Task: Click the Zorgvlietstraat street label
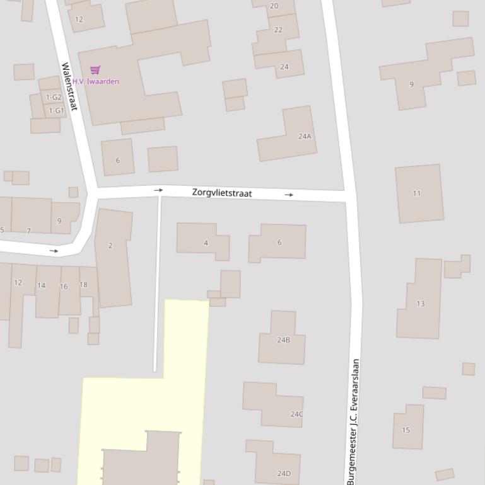[x=221, y=193]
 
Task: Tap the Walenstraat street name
[x=69, y=86]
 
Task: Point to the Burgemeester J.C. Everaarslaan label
[x=355, y=421]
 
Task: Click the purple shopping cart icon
[x=95, y=70]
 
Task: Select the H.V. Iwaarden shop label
[x=95, y=81]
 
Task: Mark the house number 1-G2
[x=54, y=97]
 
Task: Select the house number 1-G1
[x=56, y=111]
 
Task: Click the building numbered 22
[x=278, y=30]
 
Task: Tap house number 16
[x=64, y=286]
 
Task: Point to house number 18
[x=83, y=285]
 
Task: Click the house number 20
[x=274, y=6]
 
